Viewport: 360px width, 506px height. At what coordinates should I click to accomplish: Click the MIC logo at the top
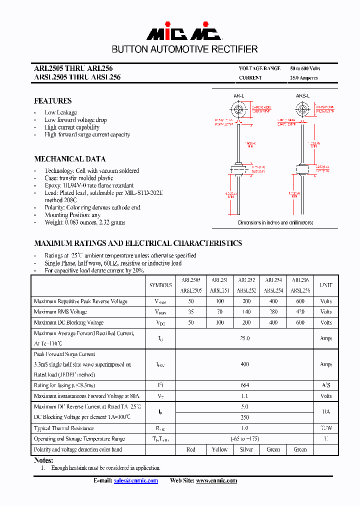183,32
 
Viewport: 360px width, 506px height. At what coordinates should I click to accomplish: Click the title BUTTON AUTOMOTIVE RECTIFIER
184,49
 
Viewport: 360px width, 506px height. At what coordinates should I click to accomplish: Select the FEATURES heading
52,101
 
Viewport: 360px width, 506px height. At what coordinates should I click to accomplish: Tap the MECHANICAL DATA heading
69,159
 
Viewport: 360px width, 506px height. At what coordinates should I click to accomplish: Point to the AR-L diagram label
238,95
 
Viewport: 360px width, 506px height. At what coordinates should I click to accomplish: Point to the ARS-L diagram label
302,95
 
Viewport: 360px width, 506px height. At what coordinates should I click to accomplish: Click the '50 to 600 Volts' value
305,68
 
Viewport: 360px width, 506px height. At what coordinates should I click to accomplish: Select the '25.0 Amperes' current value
303,78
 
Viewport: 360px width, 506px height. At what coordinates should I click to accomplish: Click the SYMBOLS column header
160,285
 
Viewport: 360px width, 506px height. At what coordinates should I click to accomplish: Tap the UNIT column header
326,285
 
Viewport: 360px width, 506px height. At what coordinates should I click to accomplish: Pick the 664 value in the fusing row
244,385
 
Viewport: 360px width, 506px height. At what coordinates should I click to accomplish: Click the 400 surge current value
244,364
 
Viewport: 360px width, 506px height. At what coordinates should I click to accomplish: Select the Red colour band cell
190,449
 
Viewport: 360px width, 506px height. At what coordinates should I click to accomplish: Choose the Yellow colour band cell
219,449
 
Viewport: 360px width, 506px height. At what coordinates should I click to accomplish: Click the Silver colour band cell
246,449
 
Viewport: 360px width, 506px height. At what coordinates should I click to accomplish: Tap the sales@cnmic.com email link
135,480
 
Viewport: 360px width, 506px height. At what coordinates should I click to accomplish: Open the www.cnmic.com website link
216,480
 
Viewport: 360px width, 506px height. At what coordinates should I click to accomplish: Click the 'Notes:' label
43,460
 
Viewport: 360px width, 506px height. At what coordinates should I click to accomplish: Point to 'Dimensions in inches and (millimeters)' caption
275,223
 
